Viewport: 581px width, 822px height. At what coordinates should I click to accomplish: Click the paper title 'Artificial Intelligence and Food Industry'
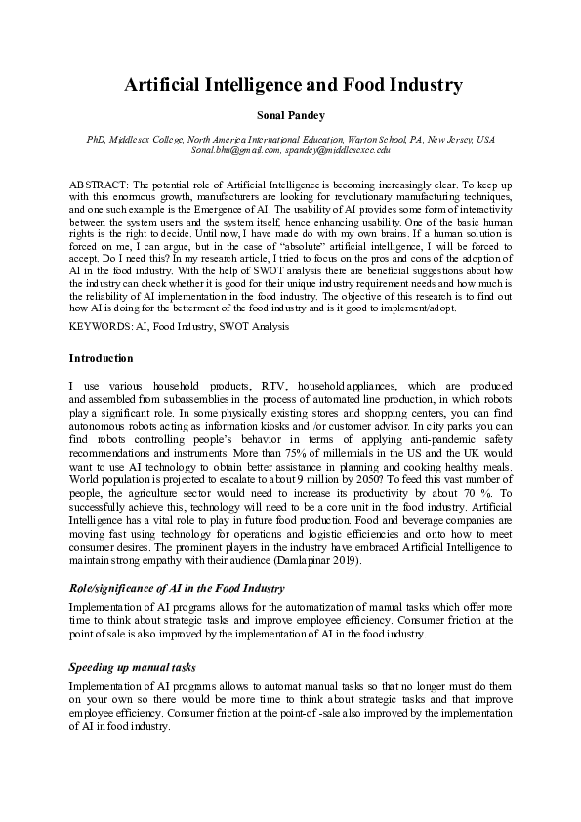(x=292, y=85)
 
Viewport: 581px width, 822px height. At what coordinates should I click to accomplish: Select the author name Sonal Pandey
(x=292, y=116)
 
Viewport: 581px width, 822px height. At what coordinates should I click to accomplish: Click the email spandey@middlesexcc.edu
(x=338, y=151)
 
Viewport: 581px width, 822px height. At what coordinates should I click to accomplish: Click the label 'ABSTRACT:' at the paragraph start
(x=99, y=184)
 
